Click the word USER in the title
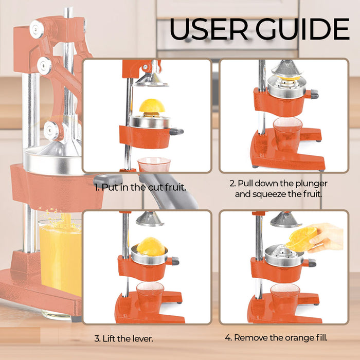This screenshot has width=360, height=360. (x=209, y=29)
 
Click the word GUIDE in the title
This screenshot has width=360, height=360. (x=303, y=29)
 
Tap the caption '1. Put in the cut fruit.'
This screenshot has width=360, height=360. (x=140, y=187)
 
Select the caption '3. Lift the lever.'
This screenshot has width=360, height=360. (x=123, y=338)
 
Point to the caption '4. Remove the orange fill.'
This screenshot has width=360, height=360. (x=276, y=338)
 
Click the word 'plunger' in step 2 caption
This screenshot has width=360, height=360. (x=311, y=184)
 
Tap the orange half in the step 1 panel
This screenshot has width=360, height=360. (x=152, y=106)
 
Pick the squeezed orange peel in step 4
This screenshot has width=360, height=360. (x=301, y=239)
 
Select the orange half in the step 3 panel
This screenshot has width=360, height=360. (x=151, y=247)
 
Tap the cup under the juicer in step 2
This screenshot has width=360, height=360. (x=287, y=133)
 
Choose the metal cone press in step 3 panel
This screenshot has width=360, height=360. (x=150, y=219)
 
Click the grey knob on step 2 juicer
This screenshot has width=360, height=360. (x=314, y=94)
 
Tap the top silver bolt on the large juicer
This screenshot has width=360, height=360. (x=37, y=29)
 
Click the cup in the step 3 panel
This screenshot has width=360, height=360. (x=150, y=296)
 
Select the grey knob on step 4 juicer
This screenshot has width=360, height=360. (x=312, y=263)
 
